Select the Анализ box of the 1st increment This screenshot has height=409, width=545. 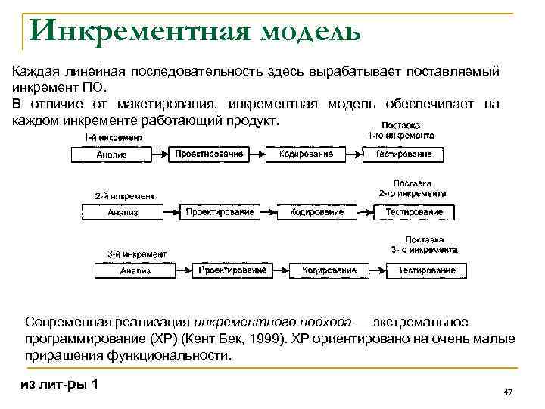coord(112,155)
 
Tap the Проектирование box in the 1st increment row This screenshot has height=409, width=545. coord(209,155)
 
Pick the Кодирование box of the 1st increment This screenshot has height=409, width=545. coord(306,155)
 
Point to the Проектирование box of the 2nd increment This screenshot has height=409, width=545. coord(220,213)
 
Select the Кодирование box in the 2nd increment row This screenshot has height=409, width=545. coord(316,213)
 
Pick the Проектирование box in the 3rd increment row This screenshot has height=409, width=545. coord(232,270)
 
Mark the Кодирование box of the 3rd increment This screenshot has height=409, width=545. coord(329,270)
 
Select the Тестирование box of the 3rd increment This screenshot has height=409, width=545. coord(426,270)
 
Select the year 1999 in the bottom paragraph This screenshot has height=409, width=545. coord(266,339)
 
